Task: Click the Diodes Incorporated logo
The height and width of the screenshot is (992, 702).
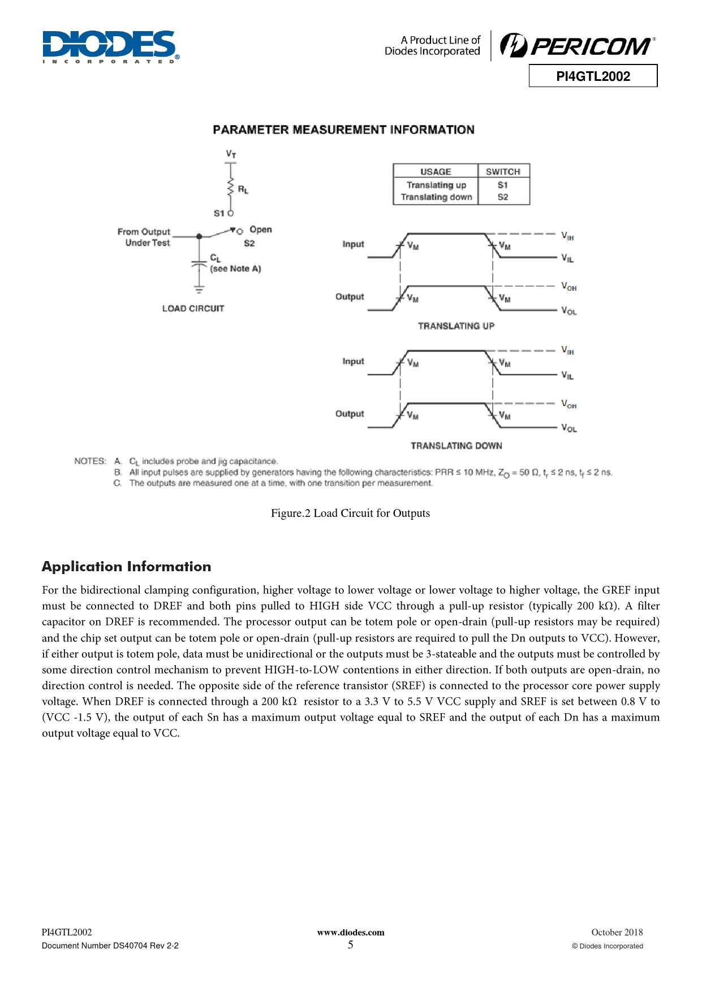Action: pos(111,46)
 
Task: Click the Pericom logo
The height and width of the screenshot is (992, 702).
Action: pos(578,45)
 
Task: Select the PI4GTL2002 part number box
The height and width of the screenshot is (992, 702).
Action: pos(593,76)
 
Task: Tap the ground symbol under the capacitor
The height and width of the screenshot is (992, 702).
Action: pos(199,290)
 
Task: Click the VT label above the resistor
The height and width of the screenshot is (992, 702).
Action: pos(231,154)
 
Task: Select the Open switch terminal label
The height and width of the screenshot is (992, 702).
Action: pos(260,230)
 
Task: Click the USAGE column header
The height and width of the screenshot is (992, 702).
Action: pos(436,171)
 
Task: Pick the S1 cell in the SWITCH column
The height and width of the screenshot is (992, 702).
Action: pos(503,185)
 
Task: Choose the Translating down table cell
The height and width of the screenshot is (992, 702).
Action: pos(436,197)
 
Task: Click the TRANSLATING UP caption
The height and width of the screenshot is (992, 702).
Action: pos(456,326)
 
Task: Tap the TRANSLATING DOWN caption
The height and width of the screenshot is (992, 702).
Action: pos(456,446)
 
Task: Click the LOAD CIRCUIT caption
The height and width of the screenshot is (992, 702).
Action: pos(193,308)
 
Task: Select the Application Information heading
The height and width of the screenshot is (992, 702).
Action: pos(126,567)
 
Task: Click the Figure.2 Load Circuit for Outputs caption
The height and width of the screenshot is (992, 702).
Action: pos(350,513)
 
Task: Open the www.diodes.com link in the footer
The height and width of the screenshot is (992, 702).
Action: pos(351,933)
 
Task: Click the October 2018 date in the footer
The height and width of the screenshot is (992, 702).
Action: pos(617,932)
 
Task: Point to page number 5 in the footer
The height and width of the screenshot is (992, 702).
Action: pos(351,944)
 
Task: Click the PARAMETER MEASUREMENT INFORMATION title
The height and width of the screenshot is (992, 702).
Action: pos(343,130)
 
